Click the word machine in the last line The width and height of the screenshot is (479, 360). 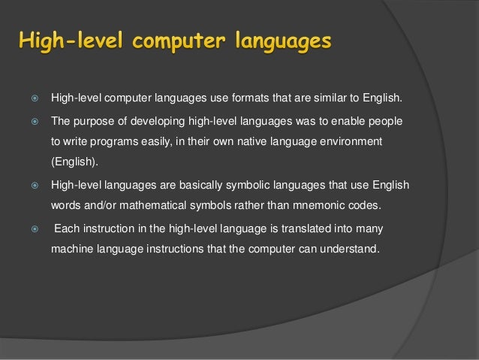click(x=71, y=249)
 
